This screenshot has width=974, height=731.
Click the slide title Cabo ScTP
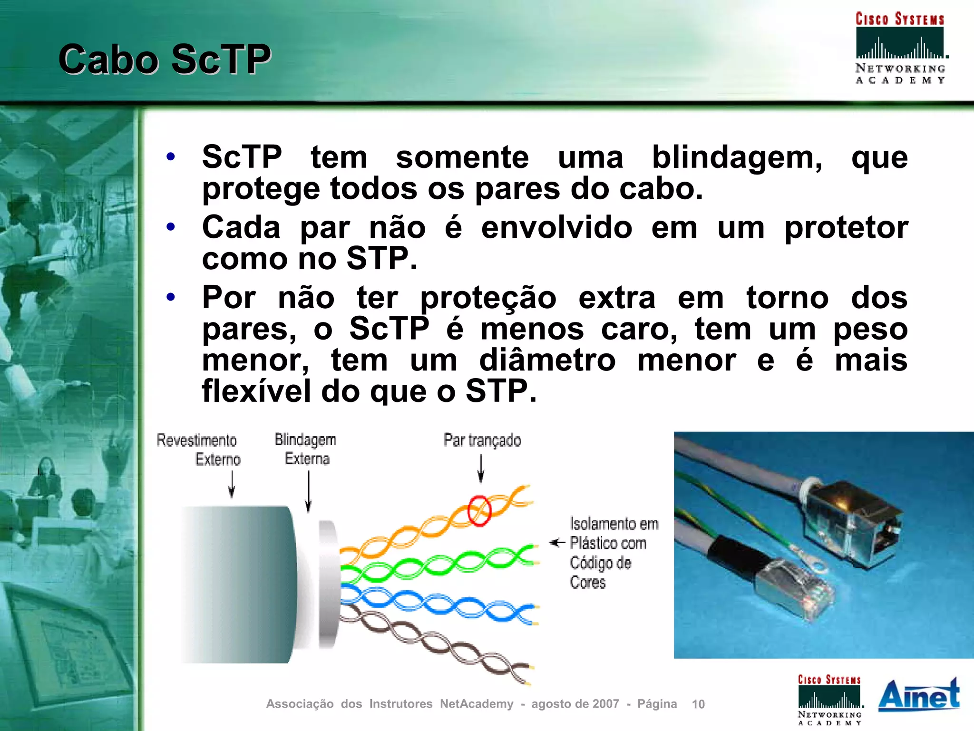point(165,59)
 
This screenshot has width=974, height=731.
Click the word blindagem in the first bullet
point(736,157)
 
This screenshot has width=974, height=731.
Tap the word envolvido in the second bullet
point(556,228)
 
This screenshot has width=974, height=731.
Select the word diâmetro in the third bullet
point(547,360)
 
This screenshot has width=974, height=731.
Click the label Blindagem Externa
point(306,449)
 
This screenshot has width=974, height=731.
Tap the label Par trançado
point(482,440)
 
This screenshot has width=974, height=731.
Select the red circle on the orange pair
point(479,510)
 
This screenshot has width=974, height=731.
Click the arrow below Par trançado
point(481,468)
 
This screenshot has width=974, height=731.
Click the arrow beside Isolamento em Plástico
point(557,543)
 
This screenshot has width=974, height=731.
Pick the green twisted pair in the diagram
point(438,565)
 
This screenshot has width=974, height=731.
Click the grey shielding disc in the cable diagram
point(329,585)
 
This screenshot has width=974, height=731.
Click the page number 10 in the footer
point(698,704)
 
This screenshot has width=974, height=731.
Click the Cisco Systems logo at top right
point(900,48)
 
